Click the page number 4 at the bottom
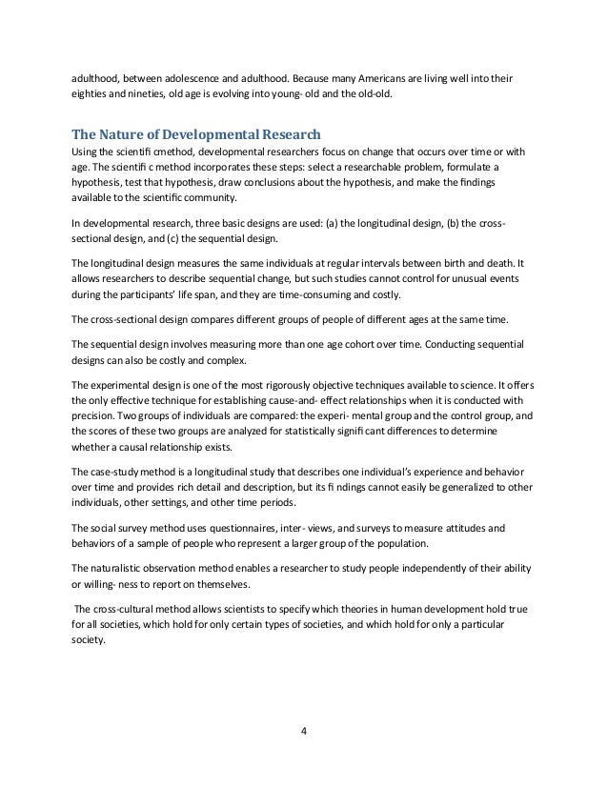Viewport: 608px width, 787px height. [x=303, y=732]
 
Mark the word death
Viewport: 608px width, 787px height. [x=496, y=268]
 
